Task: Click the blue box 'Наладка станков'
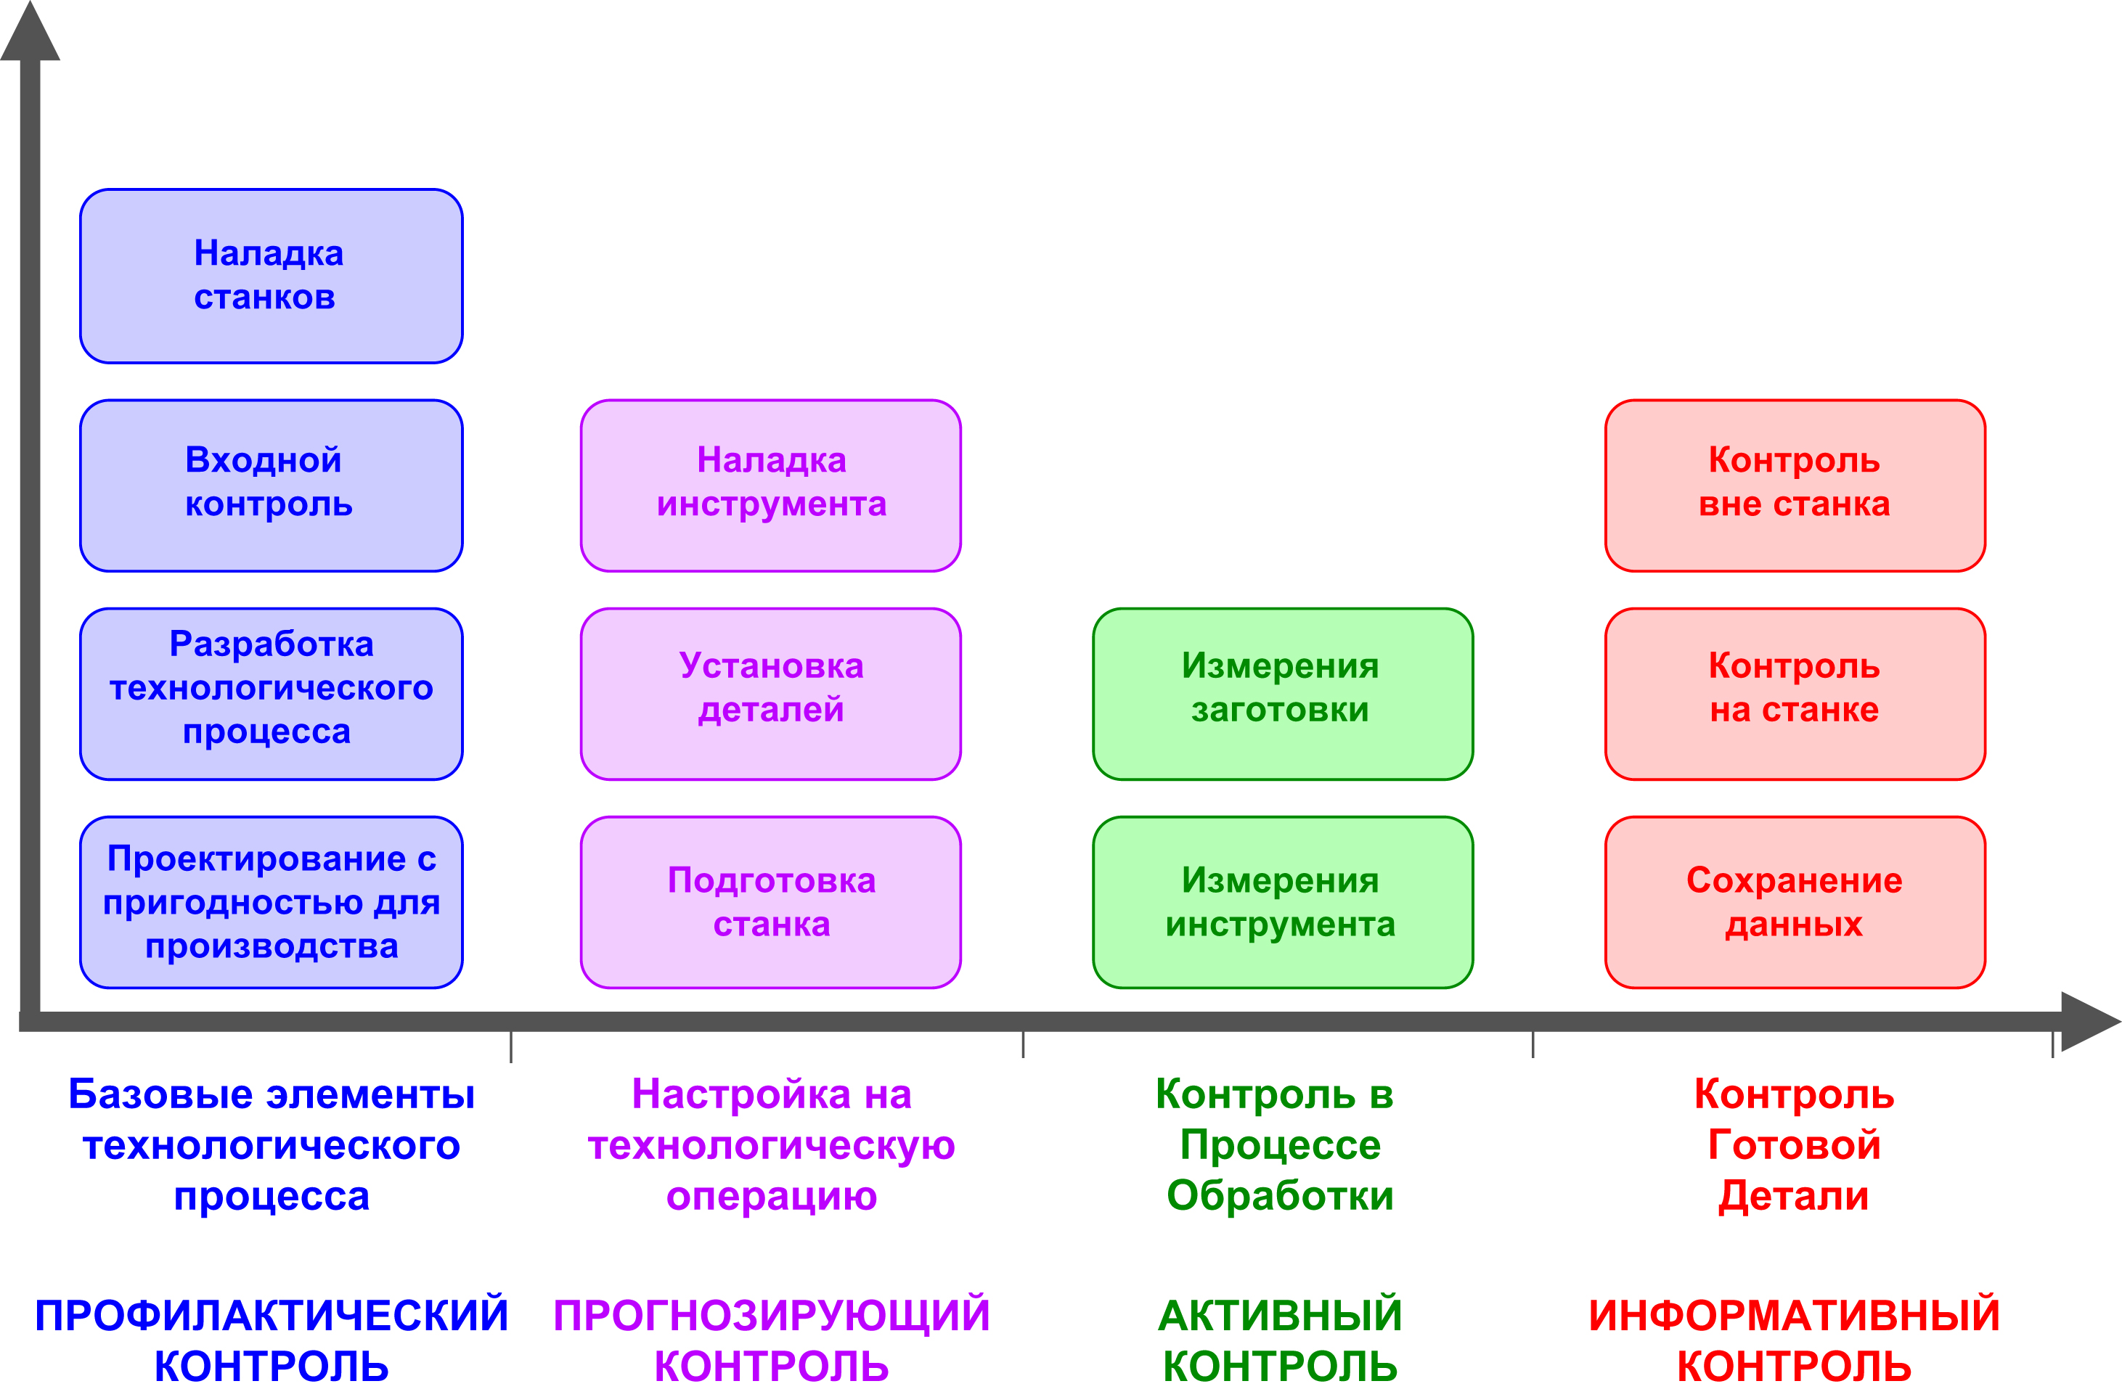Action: pos(271,276)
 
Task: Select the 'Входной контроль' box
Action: pos(271,486)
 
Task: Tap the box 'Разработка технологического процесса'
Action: pos(271,695)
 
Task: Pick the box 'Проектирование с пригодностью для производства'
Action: pos(271,902)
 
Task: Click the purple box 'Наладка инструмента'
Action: pos(771,486)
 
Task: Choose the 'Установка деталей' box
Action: pos(771,695)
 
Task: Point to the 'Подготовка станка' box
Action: pos(771,902)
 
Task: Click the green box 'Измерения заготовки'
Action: pos(1282,695)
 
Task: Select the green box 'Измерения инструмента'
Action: pos(1282,902)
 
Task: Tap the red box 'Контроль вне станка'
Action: pos(1795,486)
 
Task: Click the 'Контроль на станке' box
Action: pos(1795,695)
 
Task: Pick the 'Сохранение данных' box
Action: pos(1795,902)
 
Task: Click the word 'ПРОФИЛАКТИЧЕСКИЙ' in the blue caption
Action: pos(271,1316)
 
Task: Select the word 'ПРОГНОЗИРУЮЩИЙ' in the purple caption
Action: pos(771,1316)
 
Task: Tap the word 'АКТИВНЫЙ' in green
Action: pos(1281,1316)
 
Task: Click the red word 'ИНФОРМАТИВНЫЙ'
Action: pos(1794,1316)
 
